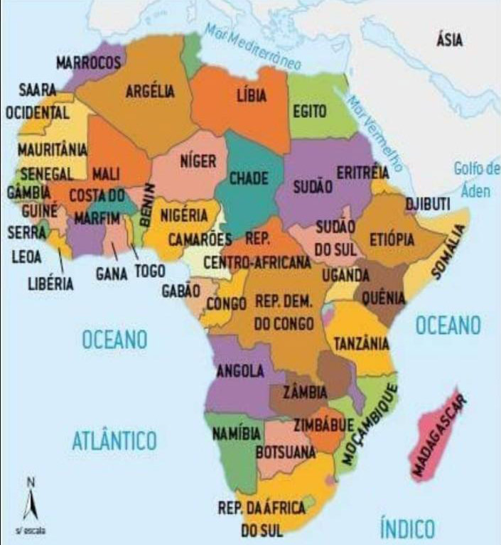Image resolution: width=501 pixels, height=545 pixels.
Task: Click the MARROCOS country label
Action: point(88,63)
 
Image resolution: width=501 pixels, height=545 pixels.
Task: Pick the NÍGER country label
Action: point(198,161)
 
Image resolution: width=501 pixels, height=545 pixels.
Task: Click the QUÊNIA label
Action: point(383,298)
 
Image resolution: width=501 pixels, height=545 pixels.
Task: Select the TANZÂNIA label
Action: point(362,343)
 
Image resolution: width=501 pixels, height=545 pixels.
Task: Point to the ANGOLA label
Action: point(240,371)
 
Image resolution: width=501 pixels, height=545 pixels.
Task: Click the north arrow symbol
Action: point(30,503)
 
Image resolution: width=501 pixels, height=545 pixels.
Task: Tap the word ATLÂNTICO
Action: point(114,441)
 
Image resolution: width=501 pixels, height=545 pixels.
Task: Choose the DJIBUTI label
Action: point(428,205)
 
